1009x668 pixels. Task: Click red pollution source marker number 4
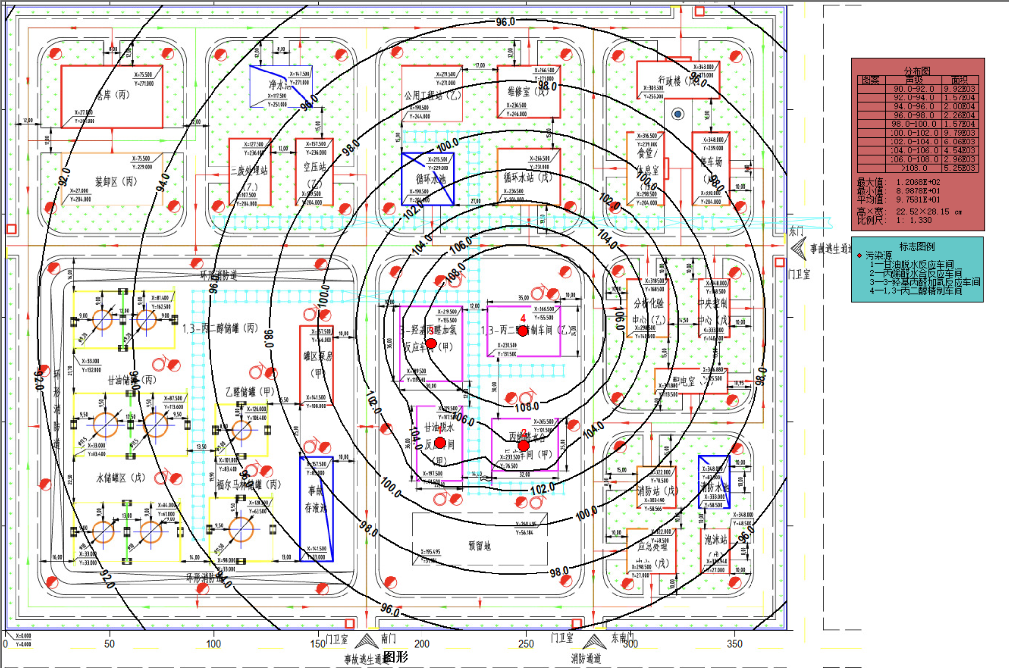(x=523, y=331)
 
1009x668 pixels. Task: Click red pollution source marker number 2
(x=523, y=445)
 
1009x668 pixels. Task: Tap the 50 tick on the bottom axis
(x=109, y=644)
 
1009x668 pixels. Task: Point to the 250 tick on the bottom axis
(x=526, y=644)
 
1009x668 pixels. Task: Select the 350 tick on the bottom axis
(x=734, y=644)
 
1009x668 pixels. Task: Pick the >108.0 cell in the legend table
(x=914, y=168)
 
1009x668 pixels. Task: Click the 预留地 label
(x=479, y=546)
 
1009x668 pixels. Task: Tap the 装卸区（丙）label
(x=116, y=182)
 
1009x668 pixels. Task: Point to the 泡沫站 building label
(x=715, y=540)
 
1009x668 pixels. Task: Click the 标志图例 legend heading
(x=916, y=246)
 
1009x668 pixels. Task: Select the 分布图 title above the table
(x=916, y=71)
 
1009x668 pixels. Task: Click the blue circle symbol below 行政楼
(x=678, y=114)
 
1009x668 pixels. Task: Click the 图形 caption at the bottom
(x=396, y=657)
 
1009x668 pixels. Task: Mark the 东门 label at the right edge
(x=796, y=231)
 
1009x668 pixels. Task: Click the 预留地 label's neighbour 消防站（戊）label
(x=657, y=490)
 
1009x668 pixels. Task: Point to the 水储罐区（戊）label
(x=120, y=477)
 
